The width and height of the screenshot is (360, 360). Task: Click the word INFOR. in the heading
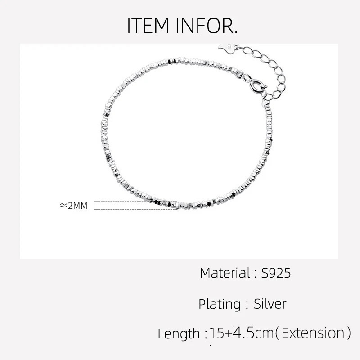207,26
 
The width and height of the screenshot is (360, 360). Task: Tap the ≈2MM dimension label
73,206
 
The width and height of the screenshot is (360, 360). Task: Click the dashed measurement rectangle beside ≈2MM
135,206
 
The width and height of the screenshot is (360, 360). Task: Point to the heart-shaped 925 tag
227,48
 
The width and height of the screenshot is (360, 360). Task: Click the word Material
225,273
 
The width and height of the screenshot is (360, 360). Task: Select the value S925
276,273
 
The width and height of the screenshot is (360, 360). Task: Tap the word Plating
220,304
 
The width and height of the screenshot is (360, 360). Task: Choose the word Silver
270,303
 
